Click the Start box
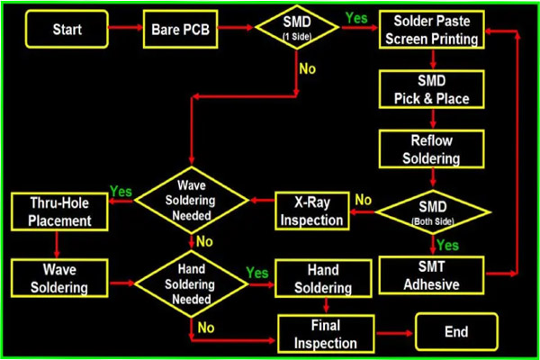coord(67,29)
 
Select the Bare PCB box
coord(181,29)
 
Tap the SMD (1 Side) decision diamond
coord(297,28)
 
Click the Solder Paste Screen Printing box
coord(431,30)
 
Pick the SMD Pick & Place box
coord(431,89)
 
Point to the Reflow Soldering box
coord(431,148)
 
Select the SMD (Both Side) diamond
coord(433,212)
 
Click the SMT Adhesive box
coord(431,275)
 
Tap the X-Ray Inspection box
coord(312,211)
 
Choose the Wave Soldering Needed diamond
coord(192,200)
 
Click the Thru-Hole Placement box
coord(59,211)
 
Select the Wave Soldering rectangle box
coord(59,278)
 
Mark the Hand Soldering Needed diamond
coord(192,283)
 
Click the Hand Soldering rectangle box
coord(323,278)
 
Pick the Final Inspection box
coord(326,334)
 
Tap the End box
coord(456,331)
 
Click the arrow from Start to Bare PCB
coord(126,28)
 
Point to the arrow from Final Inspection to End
coord(395,333)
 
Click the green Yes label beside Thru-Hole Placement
coord(121,192)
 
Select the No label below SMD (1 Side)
coord(307,69)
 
